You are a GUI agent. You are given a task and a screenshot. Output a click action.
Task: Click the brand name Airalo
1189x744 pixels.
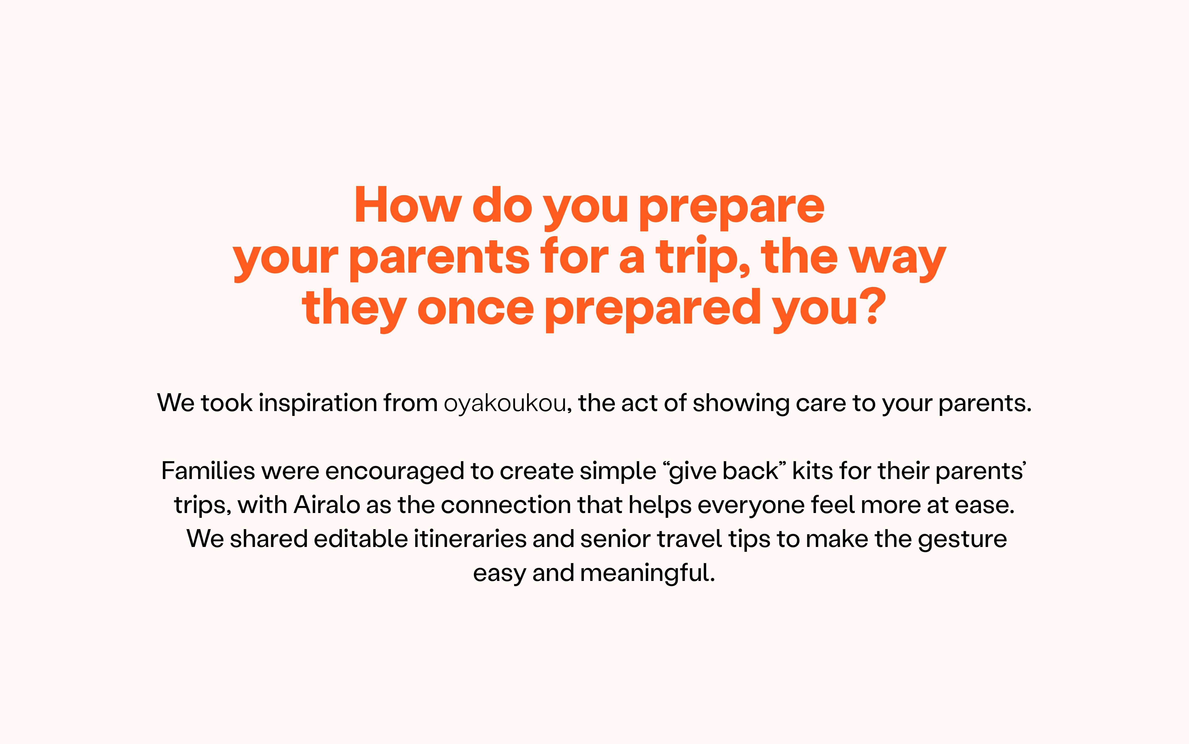[x=327, y=505]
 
